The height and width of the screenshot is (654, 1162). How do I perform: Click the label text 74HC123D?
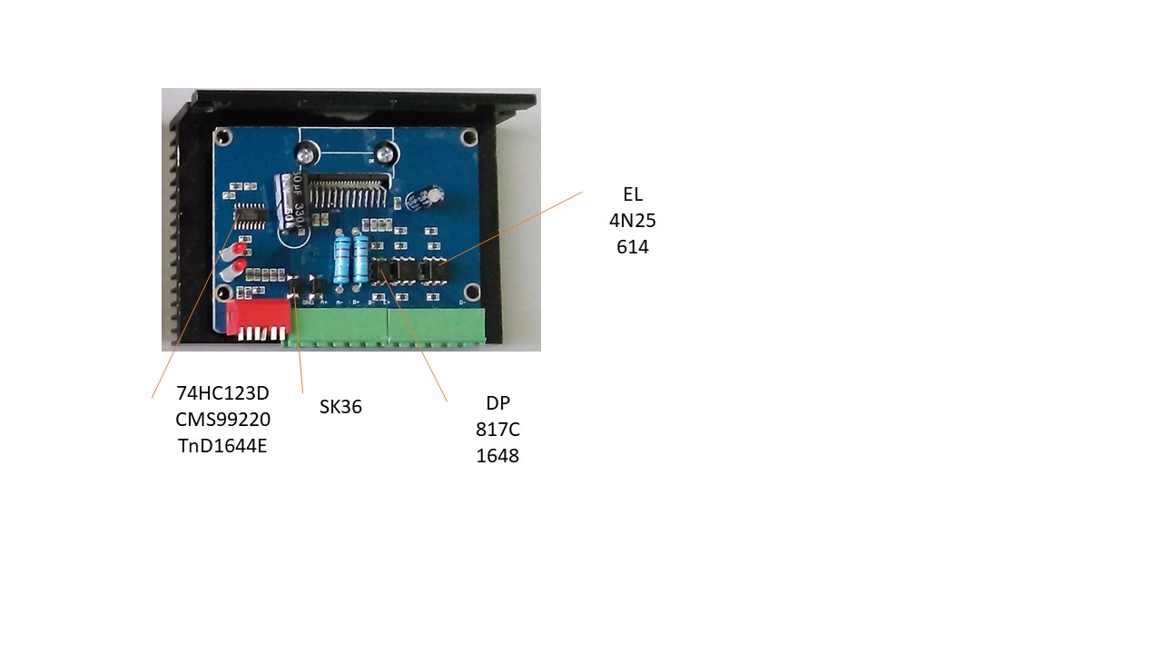(222, 392)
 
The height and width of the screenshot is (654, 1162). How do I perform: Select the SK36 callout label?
(340, 407)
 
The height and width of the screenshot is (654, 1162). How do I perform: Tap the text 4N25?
(633, 220)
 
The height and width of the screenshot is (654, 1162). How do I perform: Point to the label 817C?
(497, 429)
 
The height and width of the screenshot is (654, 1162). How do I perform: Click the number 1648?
(497, 455)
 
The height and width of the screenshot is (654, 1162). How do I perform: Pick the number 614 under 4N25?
(633, 246)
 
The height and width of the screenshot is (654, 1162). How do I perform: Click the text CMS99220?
(222, 419)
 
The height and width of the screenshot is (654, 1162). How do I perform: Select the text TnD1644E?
(222, 445)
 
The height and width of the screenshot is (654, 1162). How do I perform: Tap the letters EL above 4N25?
(633, 193)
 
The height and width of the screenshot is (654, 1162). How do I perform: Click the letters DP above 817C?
(497, 402)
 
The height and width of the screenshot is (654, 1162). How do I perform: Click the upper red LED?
(240, 248)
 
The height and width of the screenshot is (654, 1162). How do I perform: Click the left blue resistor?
(342, 258)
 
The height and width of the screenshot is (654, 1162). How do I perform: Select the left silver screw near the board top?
(305, 150)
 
